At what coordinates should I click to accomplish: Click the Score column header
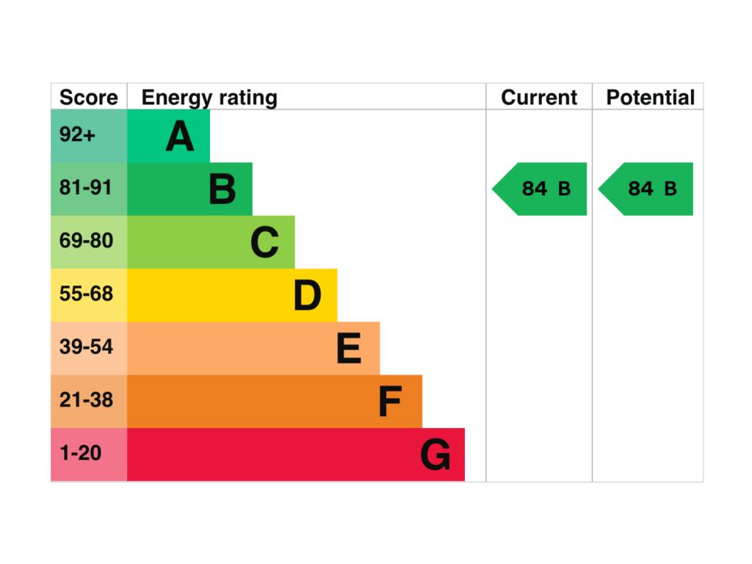pos(89,98)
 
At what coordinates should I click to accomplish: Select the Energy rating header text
pos(209,98)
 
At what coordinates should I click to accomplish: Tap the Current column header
pos(539,98)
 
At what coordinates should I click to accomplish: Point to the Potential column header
pos(651,98)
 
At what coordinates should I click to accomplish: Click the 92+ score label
pos(77,134)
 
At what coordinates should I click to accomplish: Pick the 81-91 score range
pos(85,187)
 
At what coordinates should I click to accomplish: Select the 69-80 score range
pos(87,240)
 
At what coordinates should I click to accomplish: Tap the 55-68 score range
pos(87,294)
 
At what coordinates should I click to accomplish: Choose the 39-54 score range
pos(87,347)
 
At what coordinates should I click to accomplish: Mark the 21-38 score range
pos(87,400)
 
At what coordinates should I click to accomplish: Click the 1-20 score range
pos(81,453)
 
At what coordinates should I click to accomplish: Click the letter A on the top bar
pos(180,136)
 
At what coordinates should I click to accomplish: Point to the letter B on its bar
pos(223,189)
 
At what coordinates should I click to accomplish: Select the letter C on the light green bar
pos(264,242)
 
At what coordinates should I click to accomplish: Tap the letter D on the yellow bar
pos(308,295)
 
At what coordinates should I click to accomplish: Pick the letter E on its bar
pos(349,348)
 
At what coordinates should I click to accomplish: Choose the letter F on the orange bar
pos(390,402)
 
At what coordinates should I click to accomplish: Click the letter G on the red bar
pos(435,455)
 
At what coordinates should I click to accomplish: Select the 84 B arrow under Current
pos(540,189)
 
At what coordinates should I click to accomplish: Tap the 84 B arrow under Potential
pos(646,189)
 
